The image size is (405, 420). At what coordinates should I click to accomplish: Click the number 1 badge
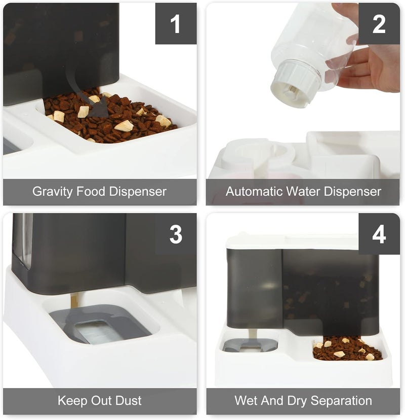pyautogui.click(x=176, y=23)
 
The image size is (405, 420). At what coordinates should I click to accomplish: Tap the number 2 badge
pyautogui.click(x=379, y=23)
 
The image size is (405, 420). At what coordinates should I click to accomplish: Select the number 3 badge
pyautogui.click(x=176, y=234)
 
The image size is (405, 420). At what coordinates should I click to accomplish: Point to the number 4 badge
pyautogui.click(x=379, y=234)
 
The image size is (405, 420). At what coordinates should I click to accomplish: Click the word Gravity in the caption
pyautogui.click(x=53, y=192)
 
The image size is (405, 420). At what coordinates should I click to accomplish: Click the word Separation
pyautogui.click(x=341, y=401)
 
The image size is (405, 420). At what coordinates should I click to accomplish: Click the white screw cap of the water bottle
pyautogui.click(x=295, y=83)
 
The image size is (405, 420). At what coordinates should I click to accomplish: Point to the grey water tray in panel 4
pyautogui.click(x=250, y=345)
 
